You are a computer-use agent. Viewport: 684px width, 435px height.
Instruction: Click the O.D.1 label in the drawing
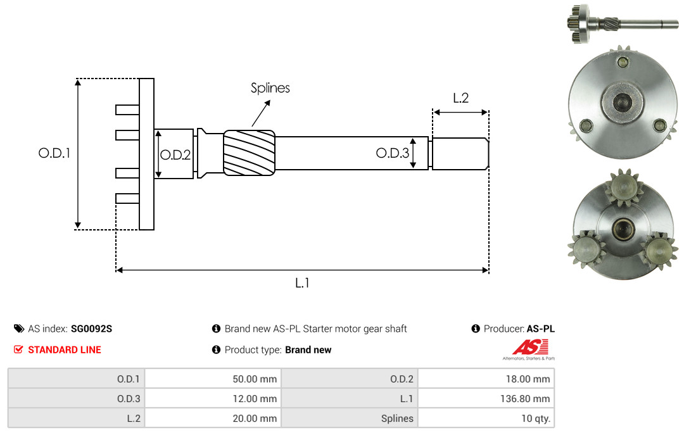(54, 153)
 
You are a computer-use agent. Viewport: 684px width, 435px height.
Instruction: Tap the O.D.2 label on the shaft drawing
(175, 154)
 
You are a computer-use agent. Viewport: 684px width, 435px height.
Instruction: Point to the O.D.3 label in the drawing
(393, 153)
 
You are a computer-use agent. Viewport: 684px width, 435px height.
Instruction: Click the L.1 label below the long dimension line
(302, 283)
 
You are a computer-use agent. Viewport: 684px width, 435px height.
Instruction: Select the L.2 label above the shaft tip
(460, 98)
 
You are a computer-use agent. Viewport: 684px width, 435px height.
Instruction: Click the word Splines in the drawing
(270, 88)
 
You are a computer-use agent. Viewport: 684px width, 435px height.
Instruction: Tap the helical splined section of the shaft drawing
(249, 153)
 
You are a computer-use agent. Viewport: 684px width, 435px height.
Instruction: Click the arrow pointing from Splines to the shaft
(261, 113)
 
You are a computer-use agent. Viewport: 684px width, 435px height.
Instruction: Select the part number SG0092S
(92, 329)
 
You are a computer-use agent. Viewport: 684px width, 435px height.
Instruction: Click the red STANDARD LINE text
(65, 350)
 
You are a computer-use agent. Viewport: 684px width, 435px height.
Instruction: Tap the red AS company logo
(529, 350)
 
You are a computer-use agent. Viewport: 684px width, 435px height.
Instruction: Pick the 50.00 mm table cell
(255, 379)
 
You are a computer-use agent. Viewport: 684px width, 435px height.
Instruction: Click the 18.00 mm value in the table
(528, 379)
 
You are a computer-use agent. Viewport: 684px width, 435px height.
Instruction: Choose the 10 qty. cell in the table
(536, 418)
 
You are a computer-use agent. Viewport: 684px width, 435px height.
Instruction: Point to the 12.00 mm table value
(255, 398)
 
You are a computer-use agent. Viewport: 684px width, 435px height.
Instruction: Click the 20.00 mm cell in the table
(255, 418)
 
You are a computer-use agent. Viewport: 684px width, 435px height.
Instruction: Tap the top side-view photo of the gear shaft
(623, 23)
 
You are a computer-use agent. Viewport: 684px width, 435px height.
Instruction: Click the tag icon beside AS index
(19, 329)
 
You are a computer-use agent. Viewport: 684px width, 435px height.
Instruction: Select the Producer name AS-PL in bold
(540, 329)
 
